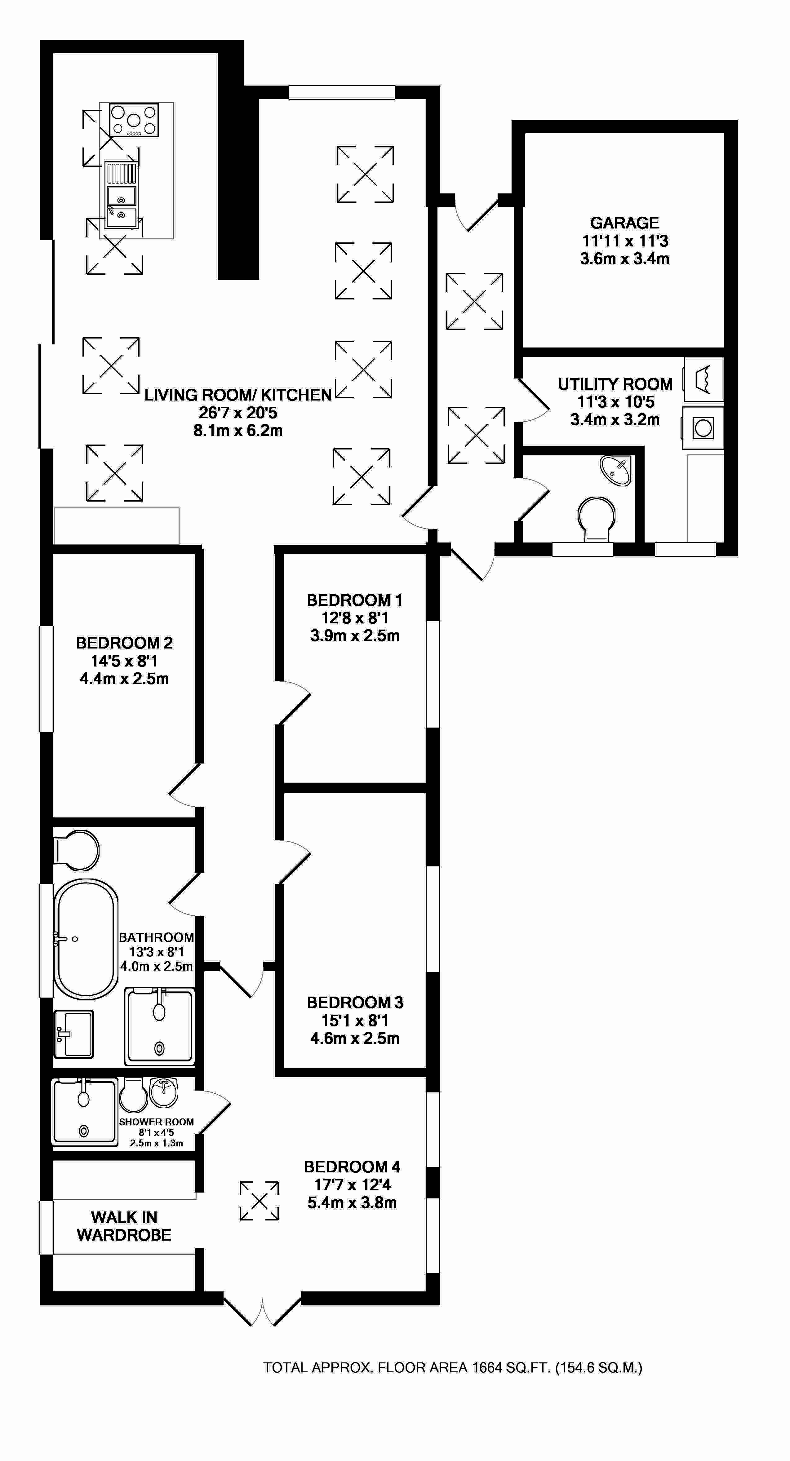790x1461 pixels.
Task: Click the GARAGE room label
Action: tap(624, 223)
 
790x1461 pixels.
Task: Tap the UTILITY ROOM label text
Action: tap(615, 384)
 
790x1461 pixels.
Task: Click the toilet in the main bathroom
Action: tap(78, 850)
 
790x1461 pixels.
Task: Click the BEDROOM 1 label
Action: tap(354, 600)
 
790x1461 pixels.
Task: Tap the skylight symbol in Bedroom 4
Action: tap(259, 1201)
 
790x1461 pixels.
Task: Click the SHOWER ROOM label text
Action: tap(157, 1122)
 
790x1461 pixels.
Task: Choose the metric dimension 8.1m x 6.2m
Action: tap(238, 431)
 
